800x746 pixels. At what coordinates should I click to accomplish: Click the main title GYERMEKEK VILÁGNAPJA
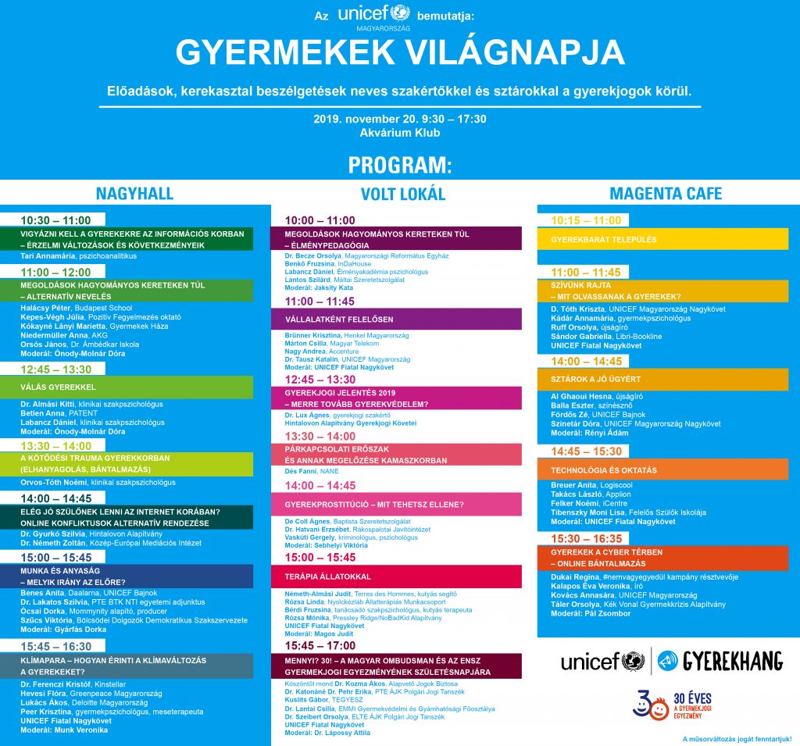click(x=400, y=52)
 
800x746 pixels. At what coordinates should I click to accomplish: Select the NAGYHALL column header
click(x=134, y=194)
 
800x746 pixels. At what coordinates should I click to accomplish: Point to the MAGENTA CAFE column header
click(x=666, y=194)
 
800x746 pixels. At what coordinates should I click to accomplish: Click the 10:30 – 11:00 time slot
click(x=55, y=221)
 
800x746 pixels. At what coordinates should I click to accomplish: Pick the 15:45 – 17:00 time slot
click(x=320, y=646)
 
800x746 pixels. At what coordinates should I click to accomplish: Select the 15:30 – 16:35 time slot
click(x=587, y=538)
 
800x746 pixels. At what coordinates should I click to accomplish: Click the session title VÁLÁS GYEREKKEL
click(x=59, y=387)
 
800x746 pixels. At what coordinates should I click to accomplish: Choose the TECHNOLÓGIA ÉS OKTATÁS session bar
click(x=604, y=470)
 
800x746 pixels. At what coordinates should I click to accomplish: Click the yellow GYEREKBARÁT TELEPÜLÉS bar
click(x=604, y=239)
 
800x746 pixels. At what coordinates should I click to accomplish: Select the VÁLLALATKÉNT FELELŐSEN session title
click(x=339, y=319)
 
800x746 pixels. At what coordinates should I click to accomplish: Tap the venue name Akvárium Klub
click(x=400, y=133)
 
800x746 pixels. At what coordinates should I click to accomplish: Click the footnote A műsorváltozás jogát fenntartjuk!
click(x=737, y=738)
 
